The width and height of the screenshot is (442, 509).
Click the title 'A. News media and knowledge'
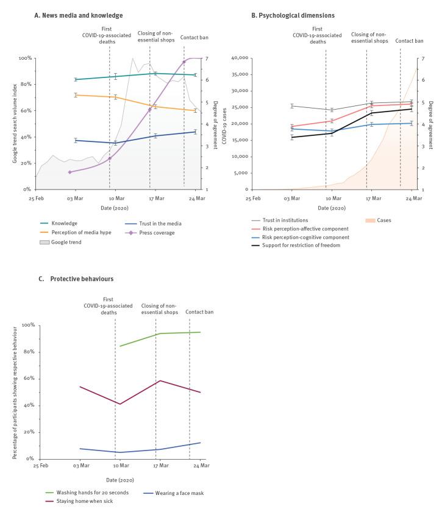click(x=79, y=15)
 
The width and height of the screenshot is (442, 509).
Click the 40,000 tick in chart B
click(x=237, y=58)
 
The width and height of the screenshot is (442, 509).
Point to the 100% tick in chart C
click(x=28, y=326)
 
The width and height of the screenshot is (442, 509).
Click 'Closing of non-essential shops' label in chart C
click(x=160, y=308)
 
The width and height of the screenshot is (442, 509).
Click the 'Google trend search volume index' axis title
click(x=13, y=123)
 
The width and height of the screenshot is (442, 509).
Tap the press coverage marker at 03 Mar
click(x=70, y=172)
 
